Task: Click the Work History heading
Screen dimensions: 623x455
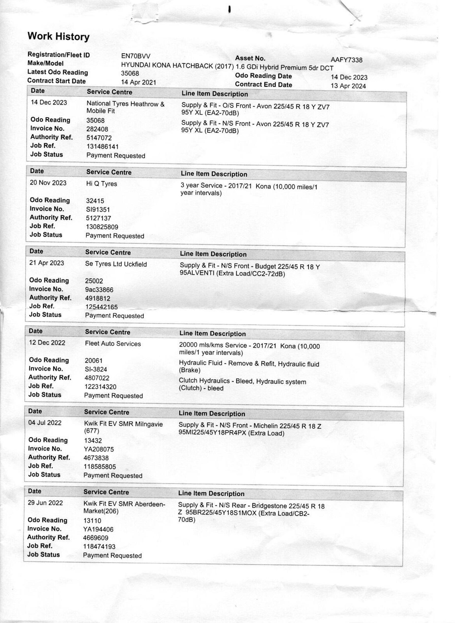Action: (58, 36)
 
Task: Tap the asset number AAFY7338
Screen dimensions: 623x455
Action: (347, 60)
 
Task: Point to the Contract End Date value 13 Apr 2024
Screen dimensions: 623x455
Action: (348, 86)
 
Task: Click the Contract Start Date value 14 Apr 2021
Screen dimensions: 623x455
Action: (139, 82)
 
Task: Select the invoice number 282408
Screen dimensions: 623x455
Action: (97, 129)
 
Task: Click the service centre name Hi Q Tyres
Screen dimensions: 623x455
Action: (101, 184)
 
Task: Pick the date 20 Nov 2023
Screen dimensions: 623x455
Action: (48, 183)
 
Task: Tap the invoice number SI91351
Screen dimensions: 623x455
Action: (98, 210)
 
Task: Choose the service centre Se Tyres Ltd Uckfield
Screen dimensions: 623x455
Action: (116, 264)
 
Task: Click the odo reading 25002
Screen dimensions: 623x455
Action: (94, 281)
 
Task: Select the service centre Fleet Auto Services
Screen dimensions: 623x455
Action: (113, 344)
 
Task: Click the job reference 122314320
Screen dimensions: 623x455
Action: (101, 387)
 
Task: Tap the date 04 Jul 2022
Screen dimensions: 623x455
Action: (45, 422)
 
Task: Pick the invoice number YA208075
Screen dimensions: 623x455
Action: (99, 449)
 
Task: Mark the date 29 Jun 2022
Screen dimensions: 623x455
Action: (45, 503)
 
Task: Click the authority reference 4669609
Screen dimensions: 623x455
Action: (95, 538)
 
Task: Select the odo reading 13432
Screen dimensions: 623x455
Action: (93, 441)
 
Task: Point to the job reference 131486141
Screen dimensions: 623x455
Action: (103, 146)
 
